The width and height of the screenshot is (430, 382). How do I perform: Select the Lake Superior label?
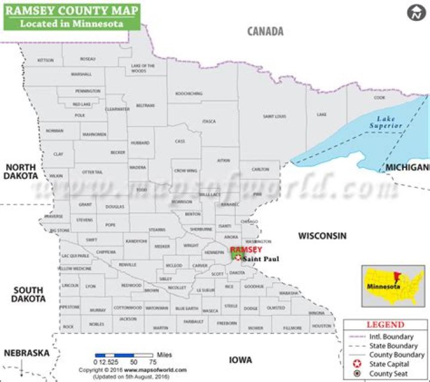point(382,123)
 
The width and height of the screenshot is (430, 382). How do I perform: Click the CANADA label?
point(265,32)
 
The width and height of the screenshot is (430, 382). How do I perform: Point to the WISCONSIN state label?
point(322,236)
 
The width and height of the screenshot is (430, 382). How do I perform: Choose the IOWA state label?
point(241,360)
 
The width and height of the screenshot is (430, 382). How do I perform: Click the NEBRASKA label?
point(26,353)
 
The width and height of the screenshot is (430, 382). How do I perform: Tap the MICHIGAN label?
point(407,167)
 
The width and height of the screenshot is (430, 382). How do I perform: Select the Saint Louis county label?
point(275,116)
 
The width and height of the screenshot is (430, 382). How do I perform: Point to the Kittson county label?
point(45,60)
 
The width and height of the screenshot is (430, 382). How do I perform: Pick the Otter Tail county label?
point(93,172)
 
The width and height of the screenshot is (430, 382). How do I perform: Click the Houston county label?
point(321,326)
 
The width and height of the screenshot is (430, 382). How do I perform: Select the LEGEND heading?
point(385,325)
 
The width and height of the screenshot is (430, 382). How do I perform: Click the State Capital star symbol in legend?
point(357,363)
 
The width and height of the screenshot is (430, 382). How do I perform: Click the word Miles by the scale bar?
point(164,355)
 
